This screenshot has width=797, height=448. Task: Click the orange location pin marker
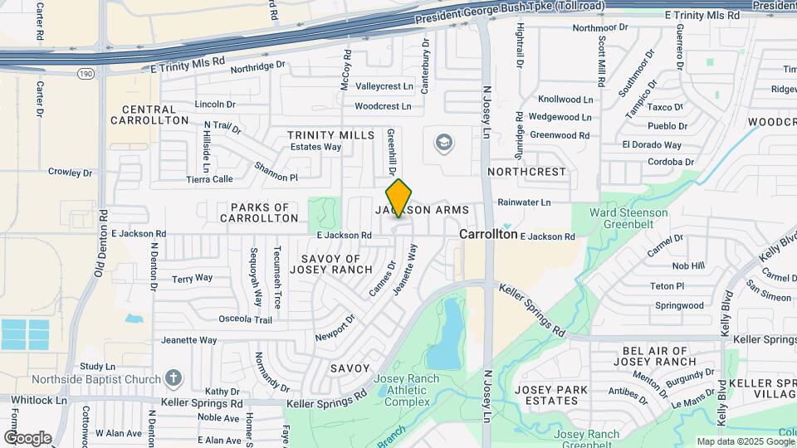[x=398, y=197]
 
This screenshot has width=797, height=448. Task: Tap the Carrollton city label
[x=488, y=235]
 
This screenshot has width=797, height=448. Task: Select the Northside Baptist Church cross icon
[x=174, y=379]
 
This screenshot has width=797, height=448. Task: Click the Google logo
[x=27, y=437]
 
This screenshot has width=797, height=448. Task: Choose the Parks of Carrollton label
[x=259, y=212]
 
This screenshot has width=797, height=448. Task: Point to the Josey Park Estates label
[x=551, y=395]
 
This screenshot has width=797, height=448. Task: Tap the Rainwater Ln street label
[x=524, y=202]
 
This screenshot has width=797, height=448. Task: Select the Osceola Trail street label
[x=245, y=319]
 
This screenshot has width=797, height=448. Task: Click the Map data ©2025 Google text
[x=744, y=441]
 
